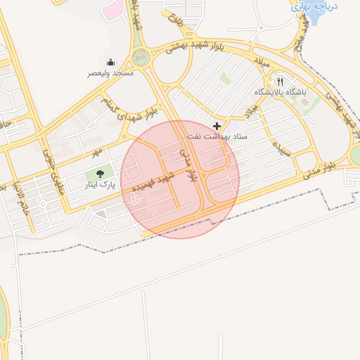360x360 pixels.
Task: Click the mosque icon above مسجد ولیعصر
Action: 110,63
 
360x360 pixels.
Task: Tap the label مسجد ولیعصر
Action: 110,73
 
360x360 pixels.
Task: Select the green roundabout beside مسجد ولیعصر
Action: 141,58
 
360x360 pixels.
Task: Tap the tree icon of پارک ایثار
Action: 98,173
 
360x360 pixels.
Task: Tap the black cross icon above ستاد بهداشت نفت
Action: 216,126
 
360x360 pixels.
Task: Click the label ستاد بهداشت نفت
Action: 215,135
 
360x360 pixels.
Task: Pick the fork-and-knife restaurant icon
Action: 281,82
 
